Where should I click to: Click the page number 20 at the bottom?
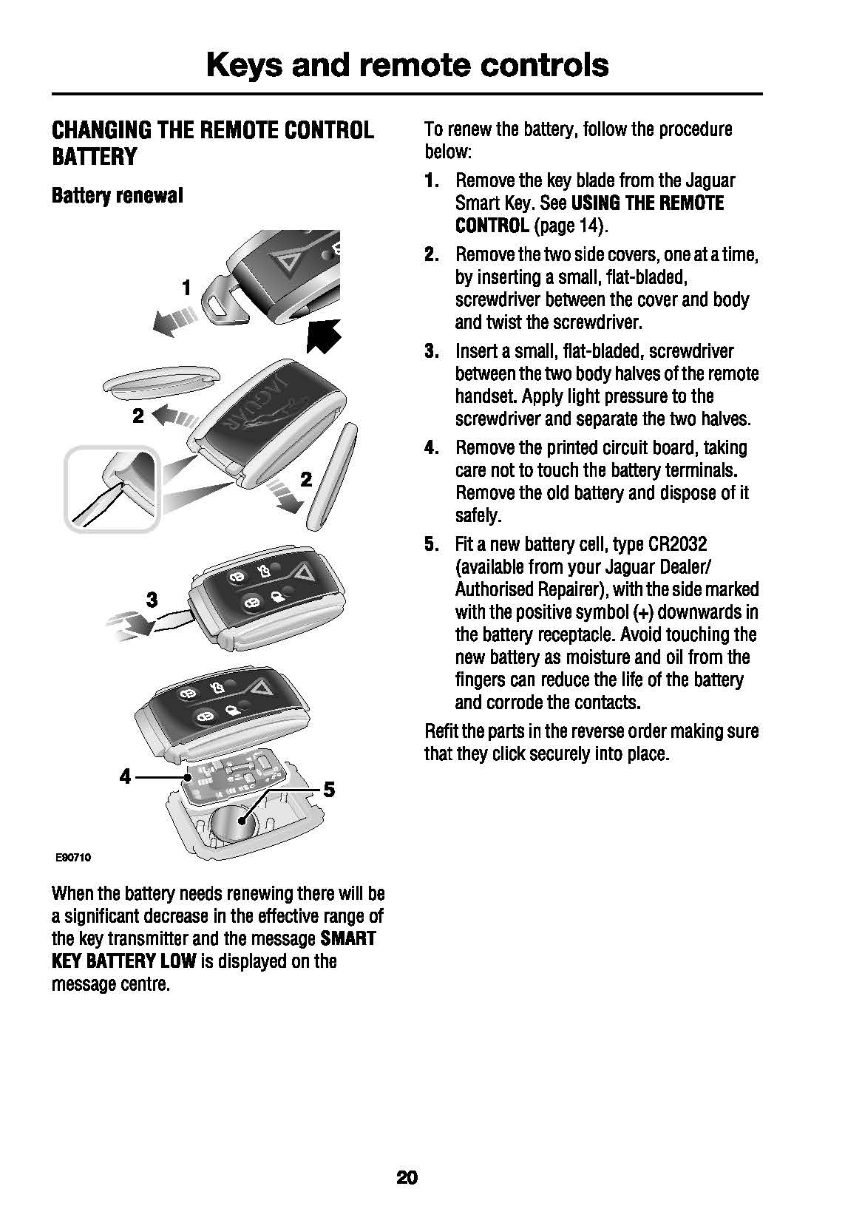coord(407,1177)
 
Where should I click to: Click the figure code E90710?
coord(72,858)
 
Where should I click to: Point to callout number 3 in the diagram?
coord(152,599)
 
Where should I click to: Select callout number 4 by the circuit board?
coord(125,776)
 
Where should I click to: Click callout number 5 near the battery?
coord(329,790)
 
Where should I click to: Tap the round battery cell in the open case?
coord(231,823)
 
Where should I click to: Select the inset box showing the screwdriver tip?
coord(112,489)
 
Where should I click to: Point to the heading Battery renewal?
coord(117,196)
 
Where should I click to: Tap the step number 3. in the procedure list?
coord(432,351)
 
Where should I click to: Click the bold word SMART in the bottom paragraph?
coord(348,939)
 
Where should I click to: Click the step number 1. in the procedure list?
coord(432,180)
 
